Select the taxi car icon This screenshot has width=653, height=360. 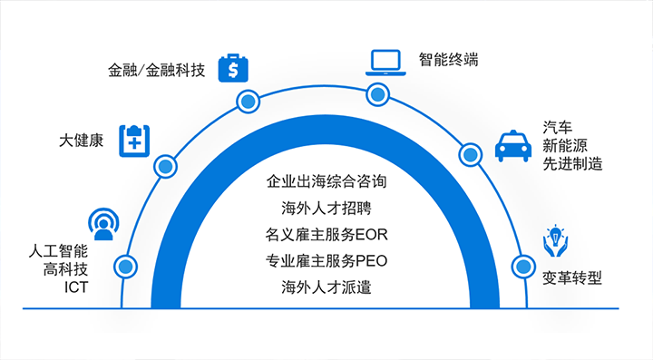tap(513, 145)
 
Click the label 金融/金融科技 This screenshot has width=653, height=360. tap(157, 69)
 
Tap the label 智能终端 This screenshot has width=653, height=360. tap(448, 61)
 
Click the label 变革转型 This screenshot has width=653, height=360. tap(572, 277)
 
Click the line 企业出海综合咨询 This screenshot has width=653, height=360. tap(326, 180)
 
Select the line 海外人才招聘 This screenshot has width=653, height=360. tap(326, 208)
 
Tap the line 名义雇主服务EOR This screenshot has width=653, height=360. tap(326, 235)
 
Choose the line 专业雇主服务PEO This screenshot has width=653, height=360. tap(326, 262)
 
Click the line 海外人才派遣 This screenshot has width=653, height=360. tap(326, 288)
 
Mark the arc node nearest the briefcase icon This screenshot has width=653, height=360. tap(245, 100)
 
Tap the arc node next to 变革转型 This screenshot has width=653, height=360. tap(521, 267)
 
